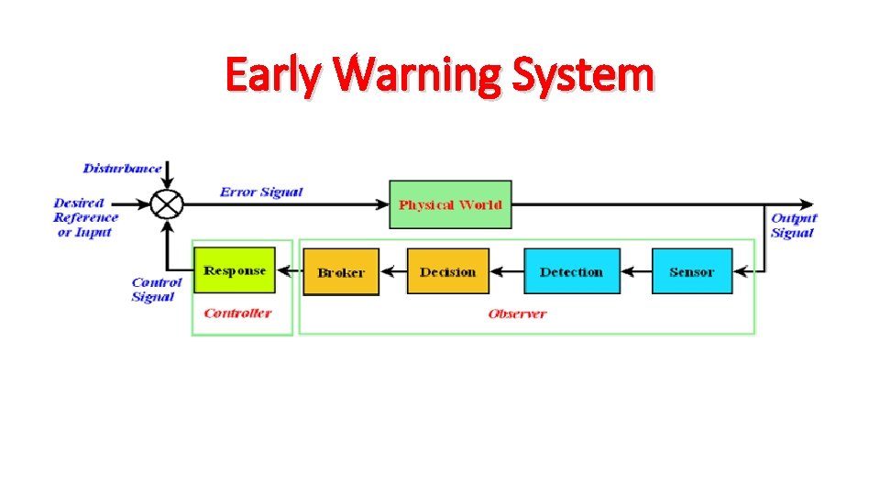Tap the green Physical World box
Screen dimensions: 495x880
coord(450,204)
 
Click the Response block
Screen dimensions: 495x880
coord(235,270)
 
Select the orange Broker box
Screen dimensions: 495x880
coord(341,271)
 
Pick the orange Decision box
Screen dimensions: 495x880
coord(447,271)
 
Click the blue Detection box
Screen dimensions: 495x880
coord(571,271)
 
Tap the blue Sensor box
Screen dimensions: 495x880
coord(691,271)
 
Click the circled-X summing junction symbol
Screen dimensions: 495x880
coord(167,203)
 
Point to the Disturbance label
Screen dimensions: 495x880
coord(122,168)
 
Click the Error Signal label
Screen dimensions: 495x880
coord(261,192)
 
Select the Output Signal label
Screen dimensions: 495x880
coord(793,225)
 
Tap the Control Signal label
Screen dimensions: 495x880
coord(157,290)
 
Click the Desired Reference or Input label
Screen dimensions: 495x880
coord(86,217)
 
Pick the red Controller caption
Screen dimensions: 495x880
coord(237,313)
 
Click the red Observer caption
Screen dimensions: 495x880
coord(517,313)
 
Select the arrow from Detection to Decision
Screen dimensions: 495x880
coord(506,271)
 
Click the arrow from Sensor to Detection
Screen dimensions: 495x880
coord(635,271)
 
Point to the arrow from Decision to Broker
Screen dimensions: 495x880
coord(392,271)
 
